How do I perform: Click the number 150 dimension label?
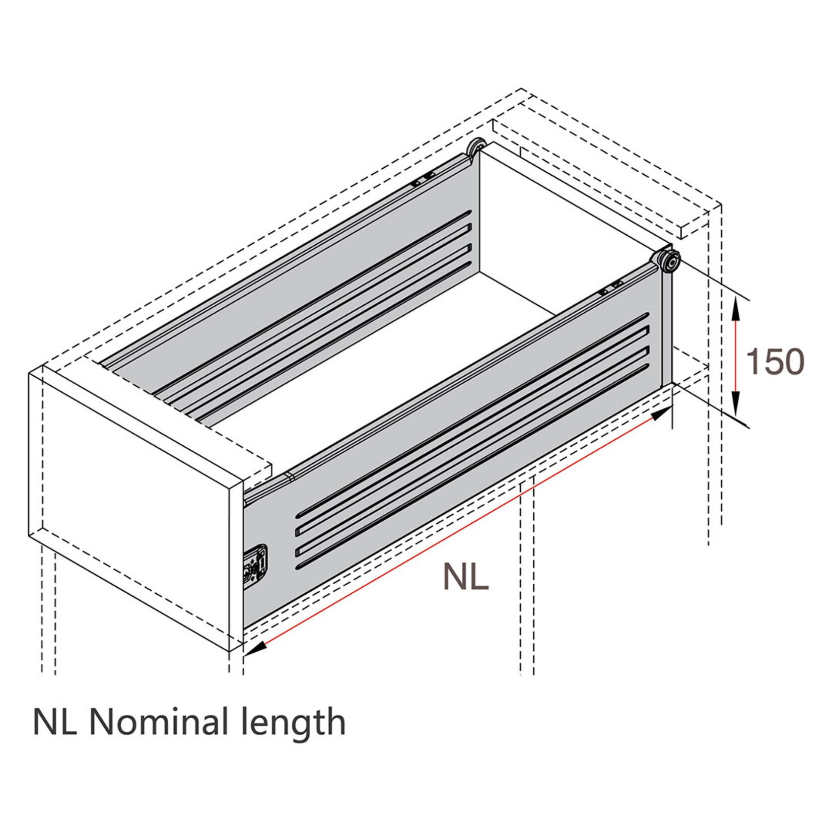pos(775,362)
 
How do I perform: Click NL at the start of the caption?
pos(54,722)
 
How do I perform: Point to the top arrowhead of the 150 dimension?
pos(736,307)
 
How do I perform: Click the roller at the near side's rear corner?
pos(668,261)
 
